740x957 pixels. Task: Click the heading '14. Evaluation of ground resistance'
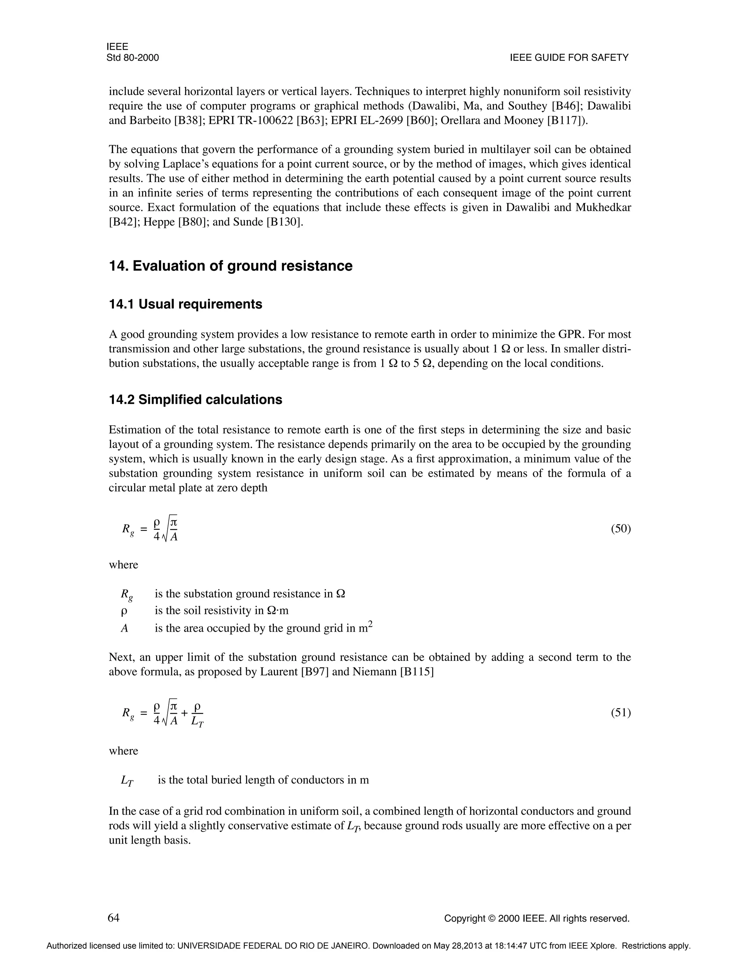pyautogui.click(x=231, y=266)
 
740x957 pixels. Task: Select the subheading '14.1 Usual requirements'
pyautogui.click(x=185, y=304)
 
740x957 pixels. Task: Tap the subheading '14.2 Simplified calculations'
pyautogui.click(x=195, y=400)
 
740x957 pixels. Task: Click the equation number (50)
pyautogui.click(x=621, y=529)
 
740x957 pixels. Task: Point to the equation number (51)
pyautogui.click(x=621, y=713)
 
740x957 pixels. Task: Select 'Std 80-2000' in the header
pyautogui.click(x=132, y=58)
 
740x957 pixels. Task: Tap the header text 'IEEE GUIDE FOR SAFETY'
pyautogui.click(x=569, y=58)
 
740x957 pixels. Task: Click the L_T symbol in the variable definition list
pyautogui.click(x=127, y=780)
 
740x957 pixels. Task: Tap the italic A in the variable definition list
pyautogui.click(x=125, y=628)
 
